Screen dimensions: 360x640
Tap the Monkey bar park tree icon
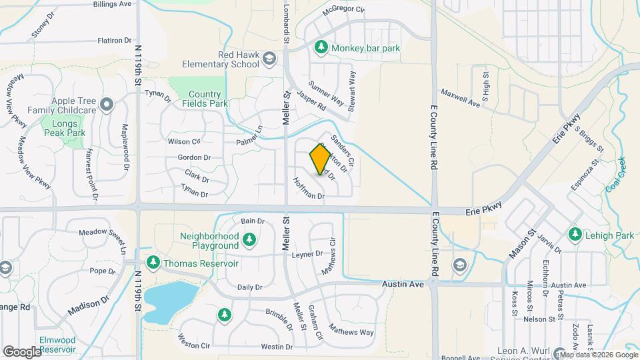[x=321, y=47]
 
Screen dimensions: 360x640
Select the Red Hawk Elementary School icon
[x=269, y=59]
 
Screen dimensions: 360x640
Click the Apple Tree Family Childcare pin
[x=107, y=103]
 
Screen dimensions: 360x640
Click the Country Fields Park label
[x=203, y=99]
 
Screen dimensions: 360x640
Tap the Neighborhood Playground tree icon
[x=249, y=239]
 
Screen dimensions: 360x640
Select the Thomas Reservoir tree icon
[x=153, y=263]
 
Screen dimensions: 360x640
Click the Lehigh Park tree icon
[x=575, y=234]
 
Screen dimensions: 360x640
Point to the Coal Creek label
[x=614, y=175]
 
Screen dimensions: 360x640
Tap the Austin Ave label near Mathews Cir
[x=403, y=284]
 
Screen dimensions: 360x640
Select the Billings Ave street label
[x=112, y=4]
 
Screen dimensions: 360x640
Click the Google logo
[x=23, y=351]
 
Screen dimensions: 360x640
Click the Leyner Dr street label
[x=307, y=254]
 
